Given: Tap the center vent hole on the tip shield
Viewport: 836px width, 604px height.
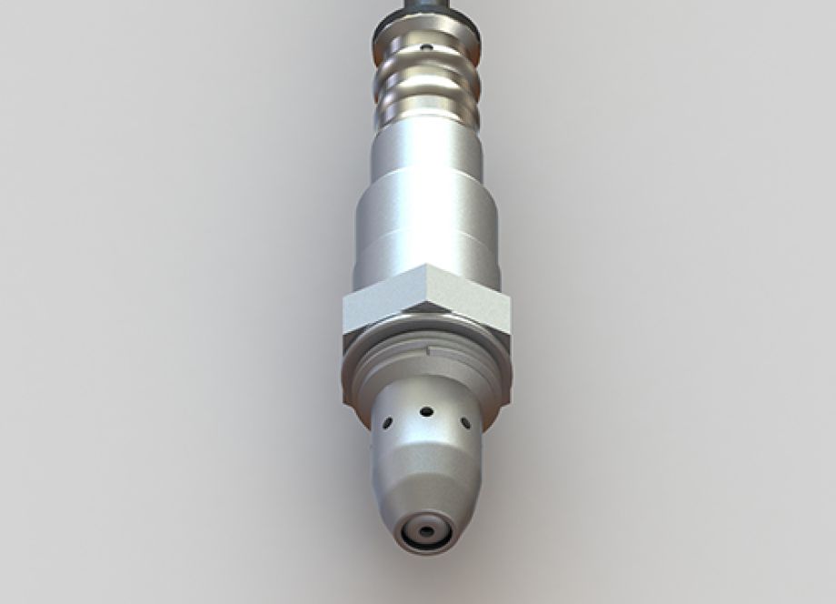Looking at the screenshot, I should coord(425,411).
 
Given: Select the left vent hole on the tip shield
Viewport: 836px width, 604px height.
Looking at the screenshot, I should coord(387,423).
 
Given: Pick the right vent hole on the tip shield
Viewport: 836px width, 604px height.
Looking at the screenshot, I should coord(465,423).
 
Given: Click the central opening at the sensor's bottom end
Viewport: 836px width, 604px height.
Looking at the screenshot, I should coord(426,530).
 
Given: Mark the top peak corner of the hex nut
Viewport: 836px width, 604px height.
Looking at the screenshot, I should coord(427,267).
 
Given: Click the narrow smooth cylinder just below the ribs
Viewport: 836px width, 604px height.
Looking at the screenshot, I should coord(426,150).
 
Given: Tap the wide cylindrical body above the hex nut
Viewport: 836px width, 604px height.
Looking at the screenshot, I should coord(426,227).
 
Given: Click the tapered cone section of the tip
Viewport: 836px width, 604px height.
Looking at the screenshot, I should coord(426,482).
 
